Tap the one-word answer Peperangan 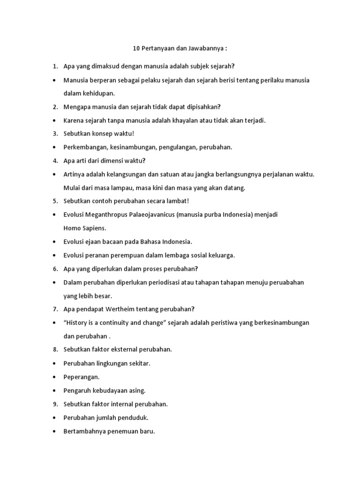point(82,376)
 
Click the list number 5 point(55,201)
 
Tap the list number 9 point(55,404)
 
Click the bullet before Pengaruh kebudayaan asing point(55,390)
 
